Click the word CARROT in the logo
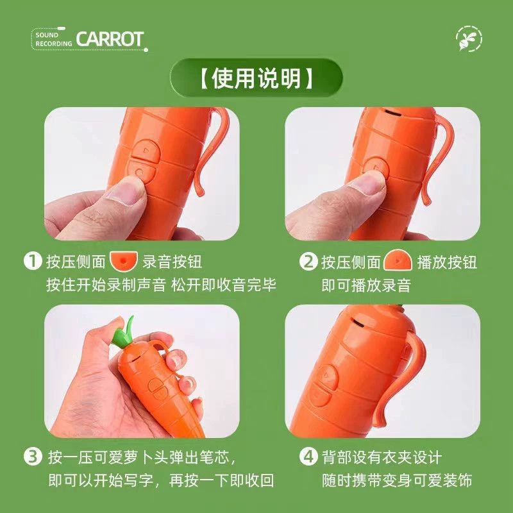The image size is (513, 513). click(110, 39)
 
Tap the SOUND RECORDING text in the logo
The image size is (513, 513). click(53, 39)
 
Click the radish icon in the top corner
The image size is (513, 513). click(469, 38)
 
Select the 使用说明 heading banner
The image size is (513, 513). click(256, 78)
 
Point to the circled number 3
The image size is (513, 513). click(33, 457)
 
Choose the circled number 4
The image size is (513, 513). click(308, 457)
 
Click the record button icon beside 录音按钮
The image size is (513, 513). click(124, 261)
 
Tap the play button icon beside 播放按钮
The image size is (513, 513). click(398, 260)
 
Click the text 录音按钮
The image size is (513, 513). click(172, 262)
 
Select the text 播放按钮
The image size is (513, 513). click(447, 262)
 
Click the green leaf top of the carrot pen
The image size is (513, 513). click(124, 333)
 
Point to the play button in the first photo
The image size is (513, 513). click(146, 150)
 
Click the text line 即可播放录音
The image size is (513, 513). click(366, 285)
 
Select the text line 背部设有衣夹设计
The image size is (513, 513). click(382, 457)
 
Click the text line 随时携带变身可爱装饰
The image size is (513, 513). click(396, 480)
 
